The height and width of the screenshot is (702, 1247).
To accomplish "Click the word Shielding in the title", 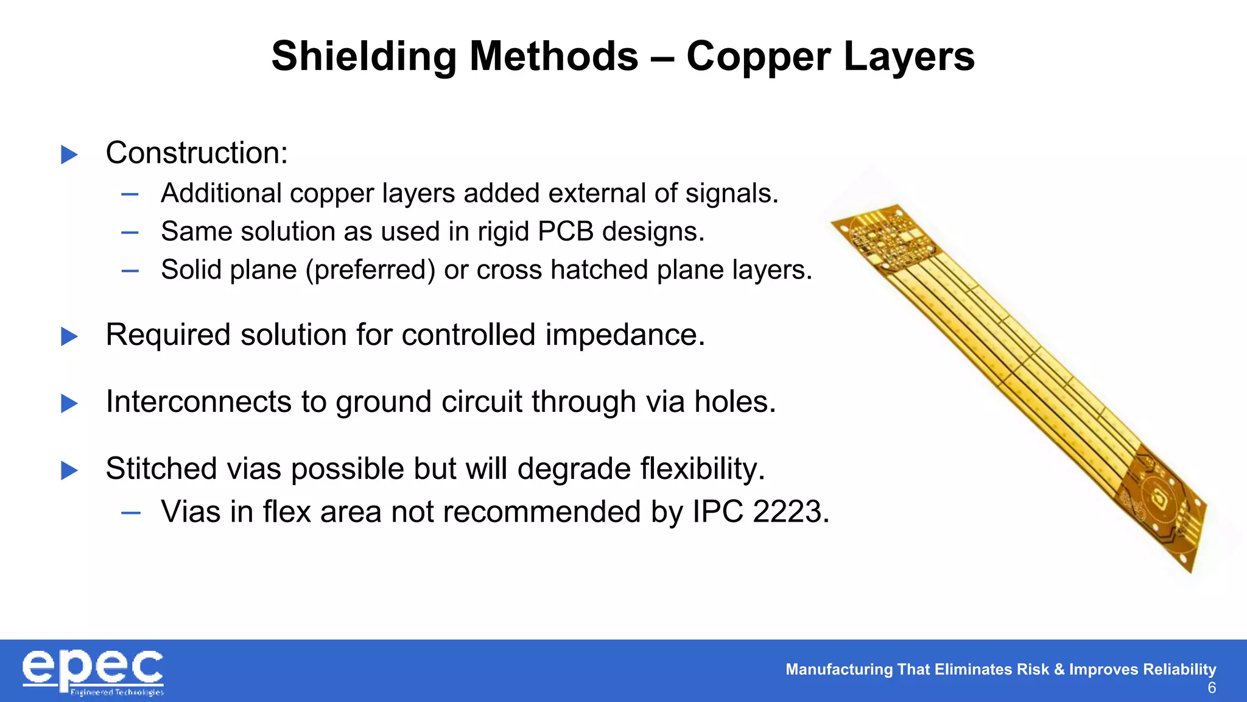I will [363, 57].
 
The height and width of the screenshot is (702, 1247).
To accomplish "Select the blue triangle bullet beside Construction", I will [69, 154].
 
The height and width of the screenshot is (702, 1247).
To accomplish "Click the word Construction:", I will [196, 152].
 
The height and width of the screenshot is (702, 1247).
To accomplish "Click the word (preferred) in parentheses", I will [370, 270].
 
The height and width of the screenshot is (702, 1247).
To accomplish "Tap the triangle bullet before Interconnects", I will [69, 403].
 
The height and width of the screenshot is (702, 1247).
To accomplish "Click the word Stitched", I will [161, 469].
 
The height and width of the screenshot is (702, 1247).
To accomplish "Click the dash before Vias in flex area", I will [130, 512].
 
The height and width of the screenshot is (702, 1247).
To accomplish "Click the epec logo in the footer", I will [93, 672].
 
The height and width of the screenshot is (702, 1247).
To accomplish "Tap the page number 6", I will [1211, 688].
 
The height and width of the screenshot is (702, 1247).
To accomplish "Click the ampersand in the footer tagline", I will [1059, 669].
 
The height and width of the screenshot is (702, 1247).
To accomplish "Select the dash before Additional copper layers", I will [130, 194].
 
